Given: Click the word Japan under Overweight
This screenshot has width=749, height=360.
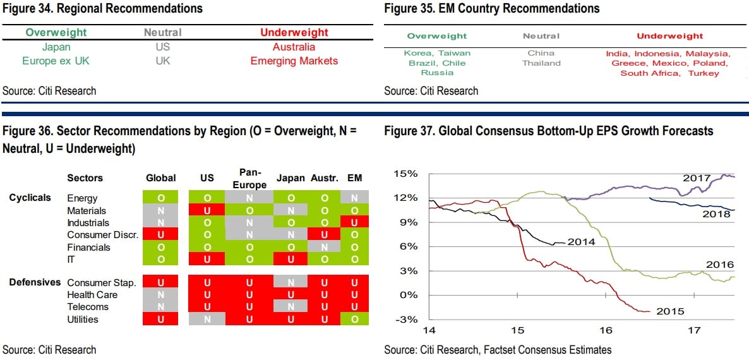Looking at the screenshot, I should [56, 47].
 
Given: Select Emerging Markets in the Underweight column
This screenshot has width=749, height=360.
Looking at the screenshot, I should [294, 61].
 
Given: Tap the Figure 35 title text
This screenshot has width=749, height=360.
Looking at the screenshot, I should [491, 9].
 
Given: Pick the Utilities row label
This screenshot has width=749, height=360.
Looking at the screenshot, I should [83, 319].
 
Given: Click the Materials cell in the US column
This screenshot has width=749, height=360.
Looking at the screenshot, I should [207, 210].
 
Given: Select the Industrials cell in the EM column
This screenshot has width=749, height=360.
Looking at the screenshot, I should [354, 222].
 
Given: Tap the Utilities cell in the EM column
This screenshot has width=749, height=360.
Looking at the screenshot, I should [354, 319].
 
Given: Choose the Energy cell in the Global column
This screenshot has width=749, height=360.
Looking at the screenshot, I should [160, 198].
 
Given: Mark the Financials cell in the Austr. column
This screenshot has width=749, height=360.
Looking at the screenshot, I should [325, 247].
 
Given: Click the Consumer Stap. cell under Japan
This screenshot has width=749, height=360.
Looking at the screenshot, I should [291, 282].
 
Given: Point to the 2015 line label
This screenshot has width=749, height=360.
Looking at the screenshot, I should [669, 311].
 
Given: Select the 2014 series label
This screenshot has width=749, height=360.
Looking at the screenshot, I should [581, 241].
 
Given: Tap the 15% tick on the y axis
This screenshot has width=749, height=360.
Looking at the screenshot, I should [406, 174].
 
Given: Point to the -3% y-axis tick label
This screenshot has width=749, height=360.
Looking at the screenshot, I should [406, 318].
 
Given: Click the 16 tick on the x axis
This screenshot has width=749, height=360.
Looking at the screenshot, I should [606, 330].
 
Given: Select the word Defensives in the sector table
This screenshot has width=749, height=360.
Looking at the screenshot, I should [35, 282].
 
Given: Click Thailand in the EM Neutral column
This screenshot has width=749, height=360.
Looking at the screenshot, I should [541, 63].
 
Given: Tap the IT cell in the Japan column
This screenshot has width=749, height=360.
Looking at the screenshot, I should [291, 259].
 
